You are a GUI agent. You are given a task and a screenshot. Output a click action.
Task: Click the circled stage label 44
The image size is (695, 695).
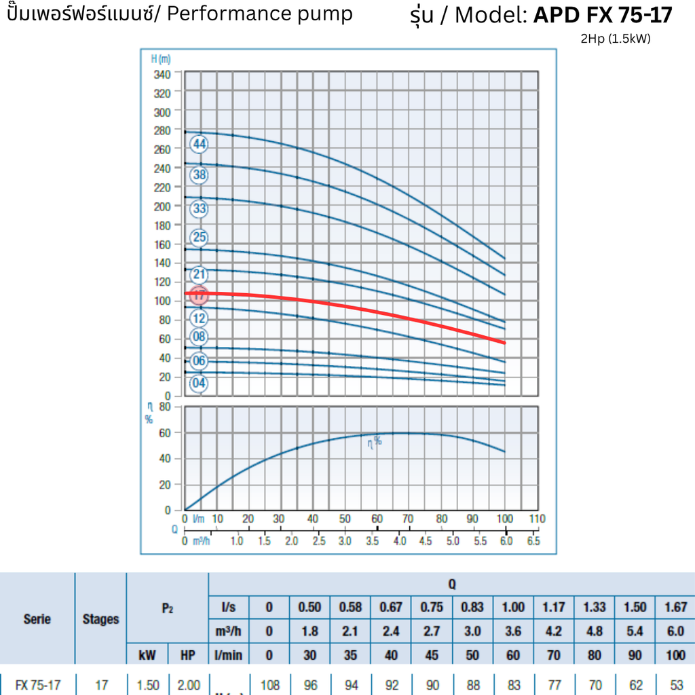point(199,145)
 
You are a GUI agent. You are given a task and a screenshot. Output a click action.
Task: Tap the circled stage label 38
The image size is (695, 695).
point(199,175)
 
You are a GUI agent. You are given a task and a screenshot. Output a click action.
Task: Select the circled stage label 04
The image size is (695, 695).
point(199,383)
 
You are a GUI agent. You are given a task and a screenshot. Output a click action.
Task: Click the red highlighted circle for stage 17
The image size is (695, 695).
point(199,295)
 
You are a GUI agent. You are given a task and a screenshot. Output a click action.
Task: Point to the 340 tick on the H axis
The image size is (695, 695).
point(162,73)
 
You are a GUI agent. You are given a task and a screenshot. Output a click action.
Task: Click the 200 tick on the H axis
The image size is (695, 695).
point(162,206)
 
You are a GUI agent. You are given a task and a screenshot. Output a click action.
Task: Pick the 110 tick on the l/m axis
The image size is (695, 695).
point(537,519)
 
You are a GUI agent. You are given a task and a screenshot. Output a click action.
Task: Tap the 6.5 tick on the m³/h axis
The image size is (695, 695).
point(533,542)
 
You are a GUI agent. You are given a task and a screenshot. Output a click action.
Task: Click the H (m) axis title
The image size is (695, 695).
point(161,59)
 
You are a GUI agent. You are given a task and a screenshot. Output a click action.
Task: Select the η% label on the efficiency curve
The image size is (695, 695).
point(375,441)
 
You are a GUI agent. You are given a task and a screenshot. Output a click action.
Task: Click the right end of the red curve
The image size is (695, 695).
point(504,343)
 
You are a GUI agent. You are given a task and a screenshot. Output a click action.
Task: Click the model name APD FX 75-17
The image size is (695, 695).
point(603,16)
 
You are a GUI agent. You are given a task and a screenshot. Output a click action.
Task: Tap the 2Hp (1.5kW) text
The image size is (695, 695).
point(615,39)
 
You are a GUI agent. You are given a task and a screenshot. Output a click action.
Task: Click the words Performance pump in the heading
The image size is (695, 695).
point(260,14)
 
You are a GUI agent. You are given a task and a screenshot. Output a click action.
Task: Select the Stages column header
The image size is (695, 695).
point(100,619)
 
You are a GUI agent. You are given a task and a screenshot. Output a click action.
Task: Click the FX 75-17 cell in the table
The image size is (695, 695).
point(37,685)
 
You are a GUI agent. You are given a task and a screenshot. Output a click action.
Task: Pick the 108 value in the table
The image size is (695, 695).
point(270,685)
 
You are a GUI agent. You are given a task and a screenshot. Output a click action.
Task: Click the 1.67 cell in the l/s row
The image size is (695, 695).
point(675,607)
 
